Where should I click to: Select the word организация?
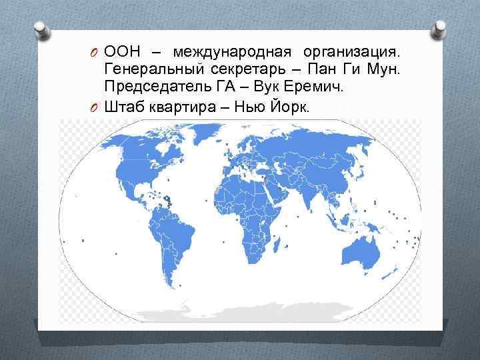point(353,53)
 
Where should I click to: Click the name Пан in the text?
point(323,70)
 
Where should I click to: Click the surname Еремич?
point(312,87)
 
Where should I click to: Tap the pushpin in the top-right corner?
point(440,30)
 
